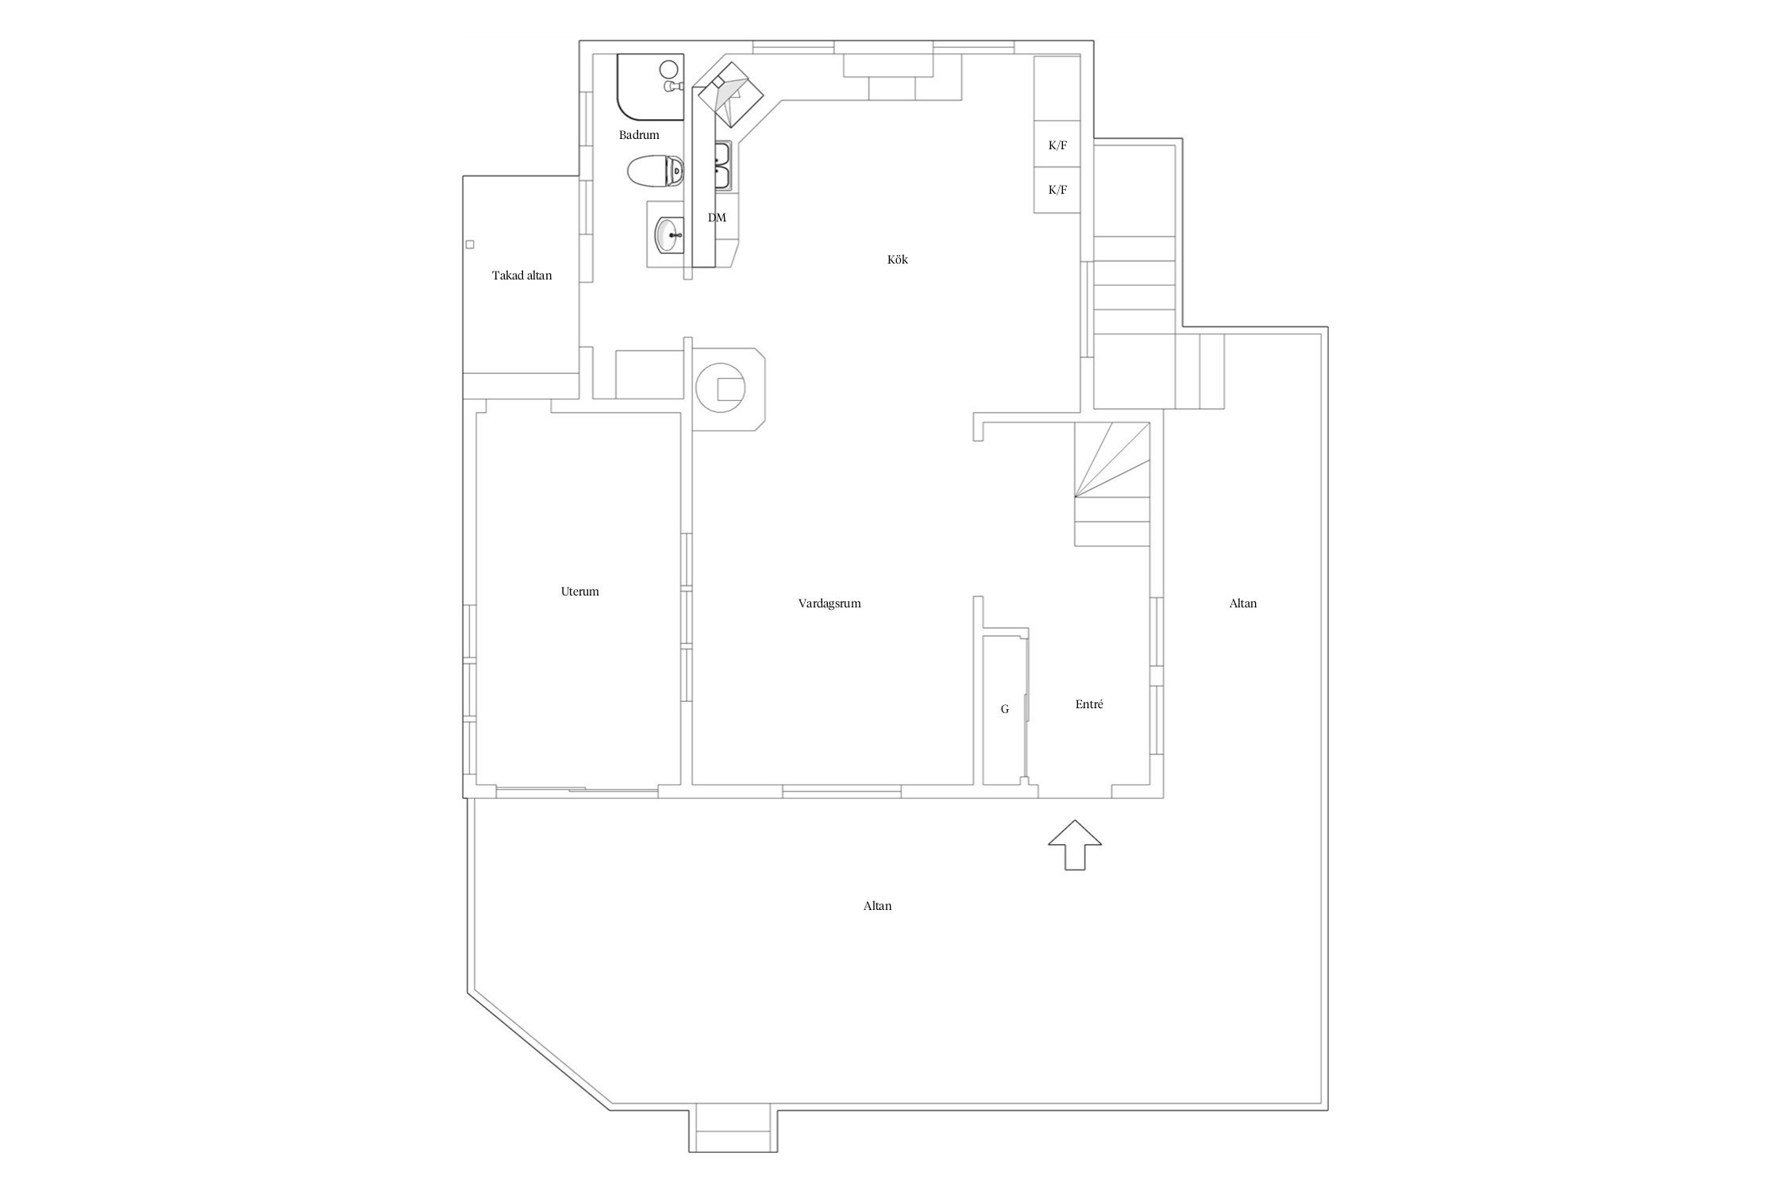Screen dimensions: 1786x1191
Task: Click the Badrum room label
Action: click(x=639, y=135)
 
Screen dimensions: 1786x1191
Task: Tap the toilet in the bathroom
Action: click(x=656, y=171)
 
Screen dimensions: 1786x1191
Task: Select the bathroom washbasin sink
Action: click(x=668, y=234)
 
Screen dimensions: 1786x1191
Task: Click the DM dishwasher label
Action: click(x=717, y=218)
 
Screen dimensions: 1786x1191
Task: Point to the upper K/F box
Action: click(x=1057, y=145)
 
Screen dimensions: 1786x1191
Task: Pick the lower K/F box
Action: click(x=1057, y=190)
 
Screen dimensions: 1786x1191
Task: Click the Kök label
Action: click(x=897, y=260)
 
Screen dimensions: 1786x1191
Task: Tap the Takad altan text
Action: click(x=522, y=276)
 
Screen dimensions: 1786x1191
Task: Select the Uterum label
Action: click(x=579, y=592)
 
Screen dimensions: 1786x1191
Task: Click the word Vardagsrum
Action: click(x=829, y=603)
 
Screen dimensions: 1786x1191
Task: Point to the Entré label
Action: click(x=1089, y=704)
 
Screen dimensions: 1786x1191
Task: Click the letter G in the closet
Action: click(x=1005, y=709)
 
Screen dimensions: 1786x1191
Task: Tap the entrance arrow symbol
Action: click(x=1075, y=846)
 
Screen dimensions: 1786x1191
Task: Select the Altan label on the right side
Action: click(x=1243, y=603)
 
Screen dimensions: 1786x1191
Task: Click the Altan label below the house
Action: click(x=877, y=906)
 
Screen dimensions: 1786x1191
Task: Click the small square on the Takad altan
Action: click(x=470, y=245)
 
